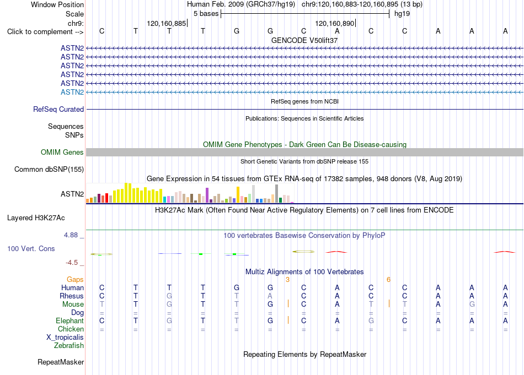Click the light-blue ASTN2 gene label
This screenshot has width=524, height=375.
click(x=72, y=92)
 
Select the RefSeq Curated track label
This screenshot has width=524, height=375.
click(x=58, y=109)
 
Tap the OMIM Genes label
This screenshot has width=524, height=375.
click(x=62, y=152)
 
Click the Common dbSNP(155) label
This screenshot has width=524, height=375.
click(x=49, y=169)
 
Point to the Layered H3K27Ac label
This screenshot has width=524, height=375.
click(x=36, y=218)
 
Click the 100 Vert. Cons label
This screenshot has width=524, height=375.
click(x=31, y=248)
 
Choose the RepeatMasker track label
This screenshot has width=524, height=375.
click(x=61, y=362)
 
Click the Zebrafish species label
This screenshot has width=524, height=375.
click(x=69, y=345)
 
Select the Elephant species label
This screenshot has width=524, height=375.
click(x=70, y=320)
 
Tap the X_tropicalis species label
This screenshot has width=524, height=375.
click(x=65, y=337)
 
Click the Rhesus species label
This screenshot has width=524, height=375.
click(x=72, y=296)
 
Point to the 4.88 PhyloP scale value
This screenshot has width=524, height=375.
click(x=71, y=235)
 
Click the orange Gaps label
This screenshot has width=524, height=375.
click(x=75, y=279)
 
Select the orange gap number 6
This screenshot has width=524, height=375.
click(x=388, y=280)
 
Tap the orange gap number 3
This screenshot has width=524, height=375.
click(x=287, y=280)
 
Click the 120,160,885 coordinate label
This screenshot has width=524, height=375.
click(x=167, y=23)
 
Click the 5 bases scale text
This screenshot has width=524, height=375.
click(x=206, y=14)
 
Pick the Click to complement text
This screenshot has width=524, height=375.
click(x=40, y=32)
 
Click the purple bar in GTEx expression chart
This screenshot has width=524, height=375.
click(x=207, y=195)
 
